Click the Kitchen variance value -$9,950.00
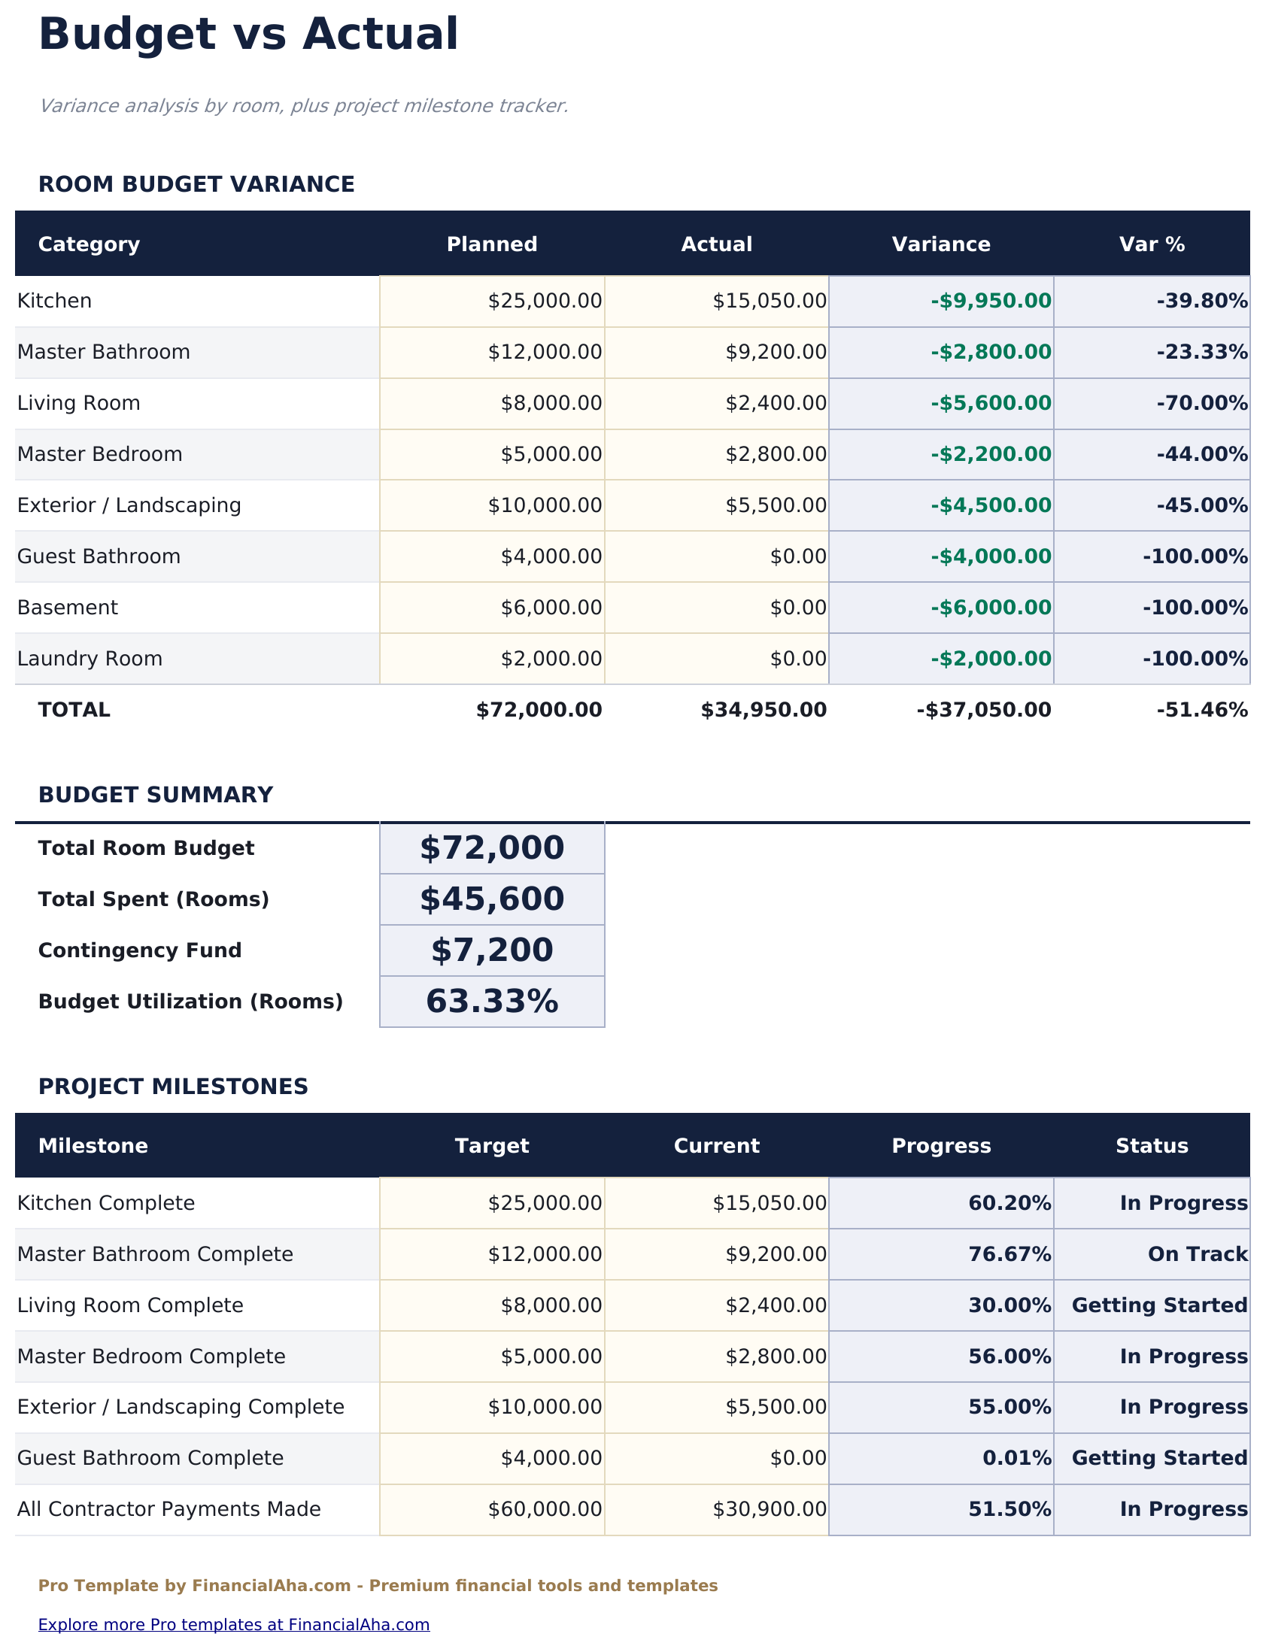[990, 302]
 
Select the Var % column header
[1152, 245]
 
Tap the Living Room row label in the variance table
[79, 403]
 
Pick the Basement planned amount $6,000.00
[551, 608]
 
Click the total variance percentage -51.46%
[1202, 710]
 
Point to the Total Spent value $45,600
[492, 899]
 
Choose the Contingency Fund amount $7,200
[492, 950]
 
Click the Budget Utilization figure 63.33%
[492, 1002]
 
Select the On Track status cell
[1198, 1254]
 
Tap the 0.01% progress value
[1016, 1459]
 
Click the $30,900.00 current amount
[770, 1510]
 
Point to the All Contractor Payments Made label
[168, 1510]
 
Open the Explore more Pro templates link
[234, 1625]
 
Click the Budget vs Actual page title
[248, 35]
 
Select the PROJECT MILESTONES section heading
[173, 1087]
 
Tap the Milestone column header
[93, 1146]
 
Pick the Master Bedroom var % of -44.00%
[1202, 454]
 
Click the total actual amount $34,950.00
[764, 710]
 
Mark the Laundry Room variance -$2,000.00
[990, 659]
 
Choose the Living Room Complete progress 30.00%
[1009, 1305]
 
